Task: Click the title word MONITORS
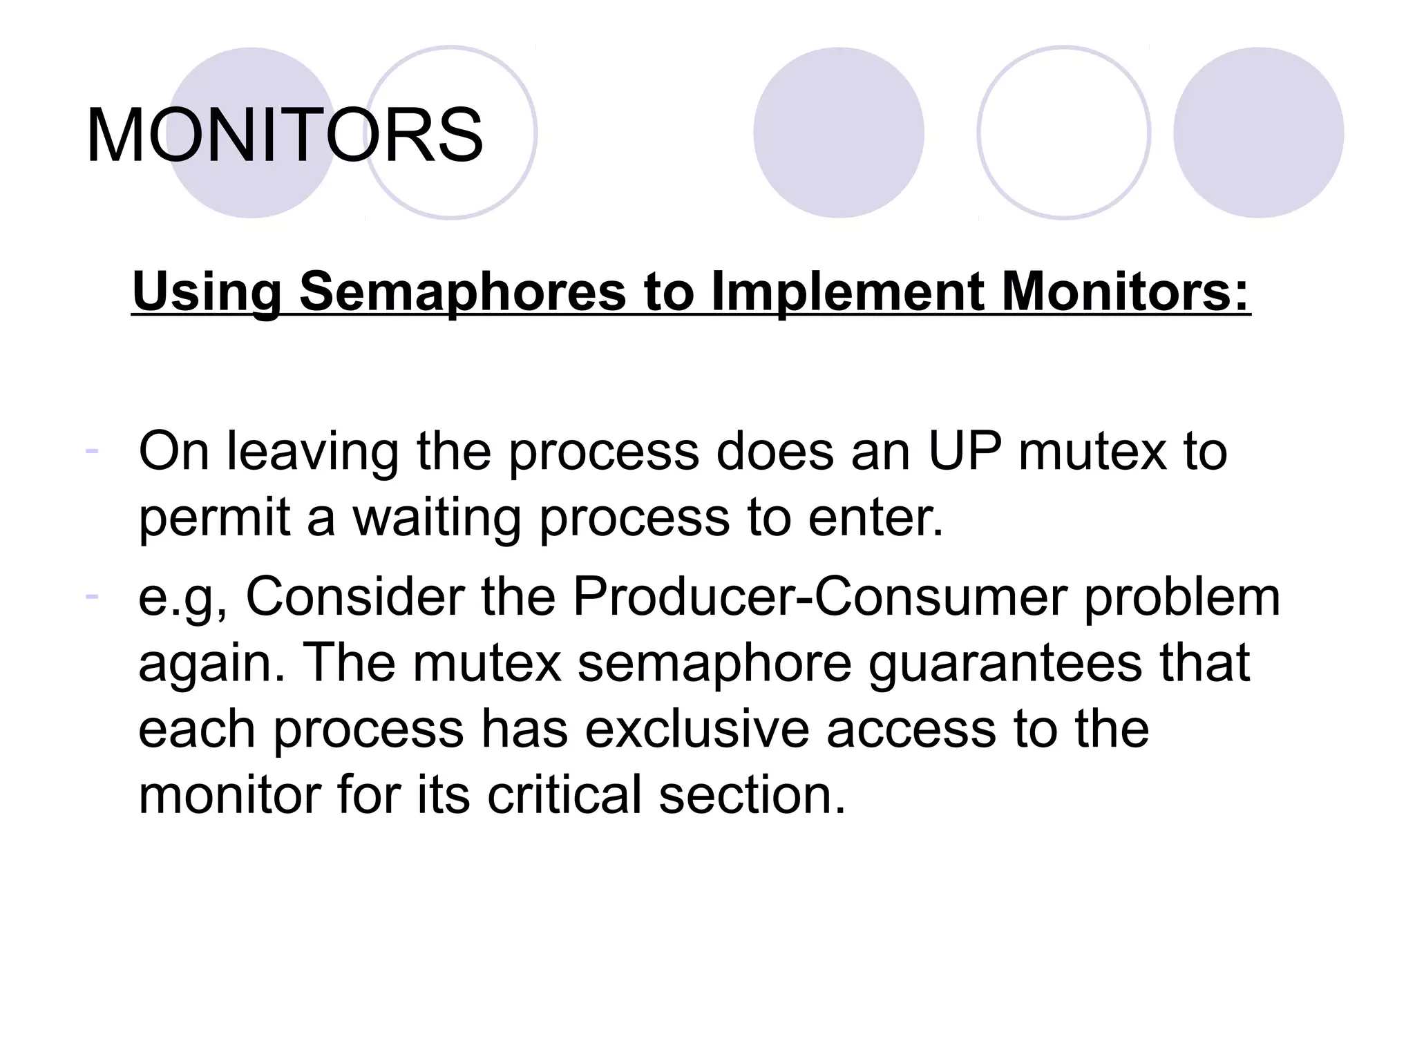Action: (x=284, y=135)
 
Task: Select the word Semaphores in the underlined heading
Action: (x=462, y=291)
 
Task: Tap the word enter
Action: (x=875, y=518)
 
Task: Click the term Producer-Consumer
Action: (x=819, y=596)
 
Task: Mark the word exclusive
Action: (x=697, y=729)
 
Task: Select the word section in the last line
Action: (x=752, y=794)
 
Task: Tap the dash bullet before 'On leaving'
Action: (x=92, y=450)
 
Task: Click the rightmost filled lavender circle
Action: (x=1258, y=133)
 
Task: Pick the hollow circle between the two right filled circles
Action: (x=1064, y=133)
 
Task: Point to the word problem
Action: (x=1182, y=596)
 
